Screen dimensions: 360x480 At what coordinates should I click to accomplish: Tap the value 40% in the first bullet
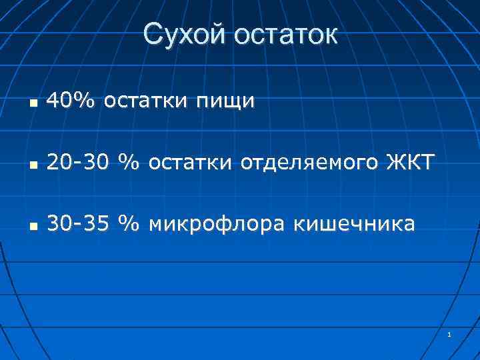click(71, 101)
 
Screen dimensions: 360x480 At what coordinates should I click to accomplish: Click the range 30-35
click(76, 223)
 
